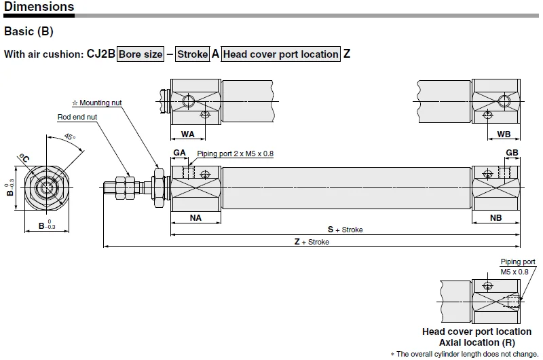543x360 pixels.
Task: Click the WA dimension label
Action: point(188,134)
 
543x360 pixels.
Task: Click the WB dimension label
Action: point(504,134)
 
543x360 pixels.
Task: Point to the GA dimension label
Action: point(179,153)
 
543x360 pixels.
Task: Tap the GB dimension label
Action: point(512,153)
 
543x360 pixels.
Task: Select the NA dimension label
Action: point(195,218)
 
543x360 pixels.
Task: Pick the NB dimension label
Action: point(495,218)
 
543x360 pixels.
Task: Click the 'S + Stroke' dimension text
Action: point(345,230)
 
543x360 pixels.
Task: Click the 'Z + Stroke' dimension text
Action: point(312,242)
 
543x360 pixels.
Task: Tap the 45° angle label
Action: point(70,137)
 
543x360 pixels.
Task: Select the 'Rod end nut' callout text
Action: point(77,117)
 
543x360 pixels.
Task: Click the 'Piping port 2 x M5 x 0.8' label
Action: point(235,154)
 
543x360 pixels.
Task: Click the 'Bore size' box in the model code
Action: point(141,54)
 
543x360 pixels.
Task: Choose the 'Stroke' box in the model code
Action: point(193,54)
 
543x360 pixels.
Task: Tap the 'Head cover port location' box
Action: point(281,54)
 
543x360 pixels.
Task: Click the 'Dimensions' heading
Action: point(39,7)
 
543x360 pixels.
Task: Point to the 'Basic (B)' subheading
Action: point(29,31)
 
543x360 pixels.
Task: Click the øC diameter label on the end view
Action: point(24,158)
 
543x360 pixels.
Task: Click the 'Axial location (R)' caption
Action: point(477,342)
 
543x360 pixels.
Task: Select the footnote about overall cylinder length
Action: point(464,354)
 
